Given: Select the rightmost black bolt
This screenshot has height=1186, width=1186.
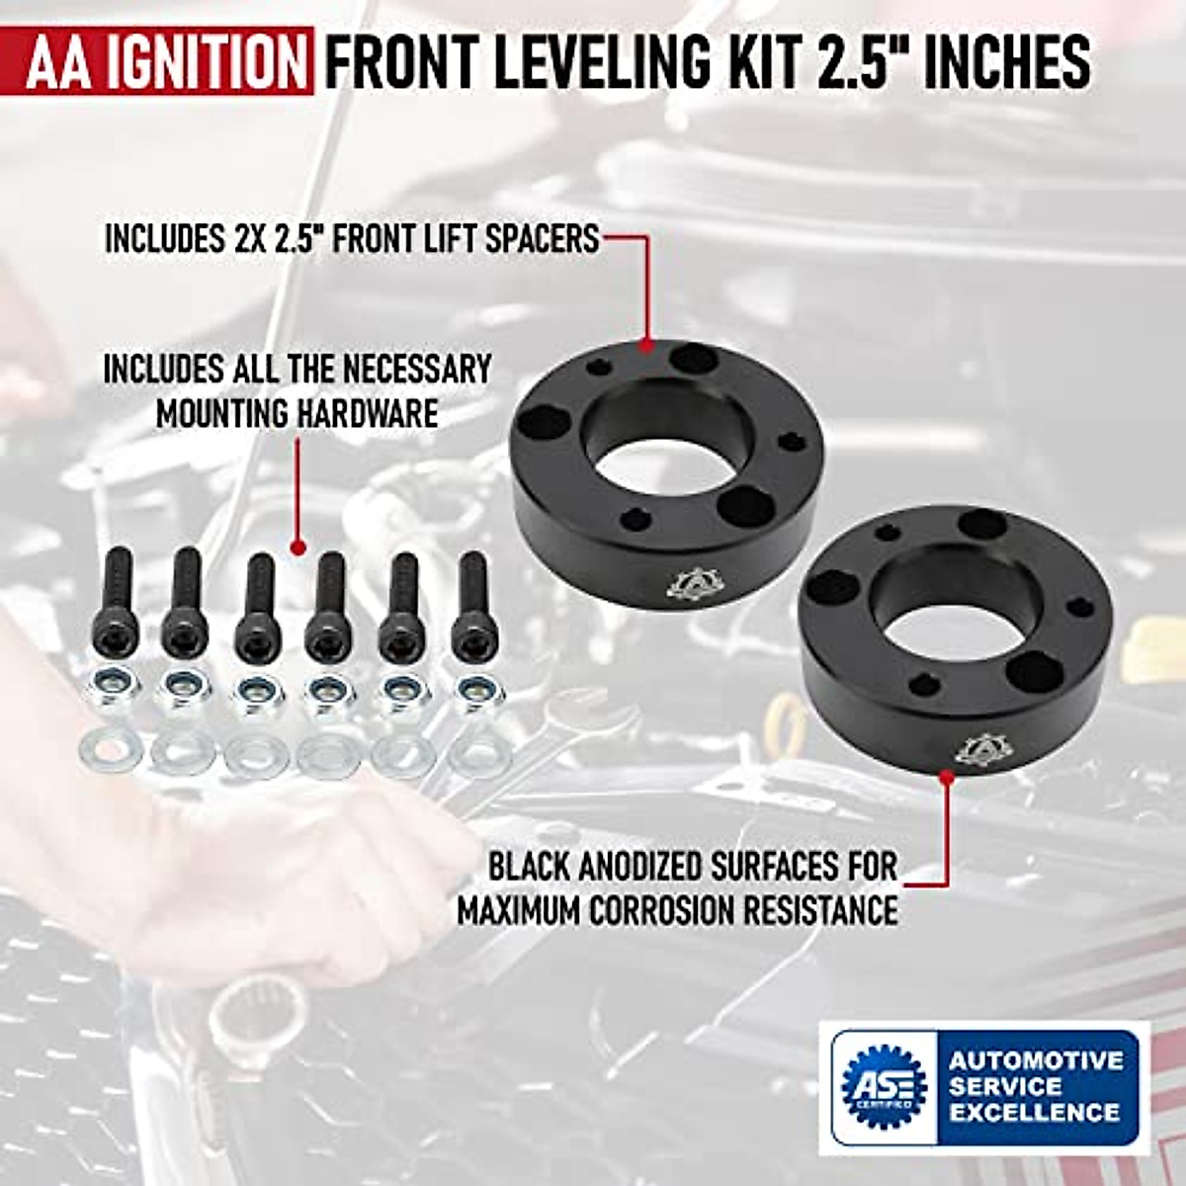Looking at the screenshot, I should pos(471,603).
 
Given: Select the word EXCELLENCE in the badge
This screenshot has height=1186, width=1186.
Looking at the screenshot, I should pos(1034,1111).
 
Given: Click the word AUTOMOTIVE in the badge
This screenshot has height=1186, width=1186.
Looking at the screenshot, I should pos(1036,1060).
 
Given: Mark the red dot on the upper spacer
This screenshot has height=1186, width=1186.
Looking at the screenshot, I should pos(647,346).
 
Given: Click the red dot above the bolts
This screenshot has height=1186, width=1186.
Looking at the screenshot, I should pos(296,544).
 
